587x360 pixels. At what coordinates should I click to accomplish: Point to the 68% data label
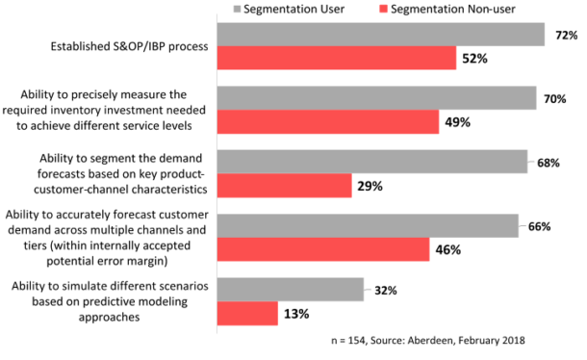[549, 163]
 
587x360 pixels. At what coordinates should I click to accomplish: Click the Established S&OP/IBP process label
[119, 45]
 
